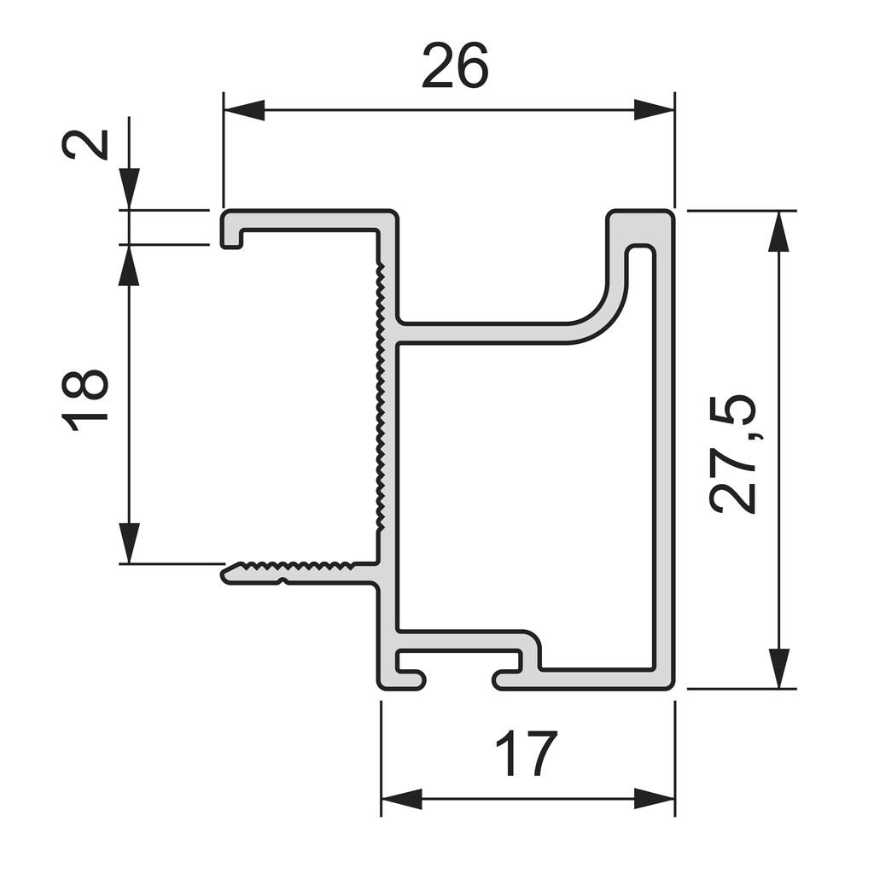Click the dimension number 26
tap(455, 67)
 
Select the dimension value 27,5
tap(733, 453)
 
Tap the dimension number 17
tap(526, 754)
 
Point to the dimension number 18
tap(85, 399)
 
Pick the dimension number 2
tap(85, 144)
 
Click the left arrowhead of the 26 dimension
tap(243, 109)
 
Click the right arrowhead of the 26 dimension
tap(654, 109)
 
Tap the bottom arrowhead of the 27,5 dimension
tap(778, 667)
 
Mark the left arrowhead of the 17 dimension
tap(401, 800)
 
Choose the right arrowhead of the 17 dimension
tap(654, 800)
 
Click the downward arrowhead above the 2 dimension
tap(129, 188)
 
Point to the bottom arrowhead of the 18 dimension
tap(129, 543)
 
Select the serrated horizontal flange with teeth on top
tap(299, 571)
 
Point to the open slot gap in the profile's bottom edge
tap(459, 680)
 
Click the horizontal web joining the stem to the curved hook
tap(487, 333)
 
